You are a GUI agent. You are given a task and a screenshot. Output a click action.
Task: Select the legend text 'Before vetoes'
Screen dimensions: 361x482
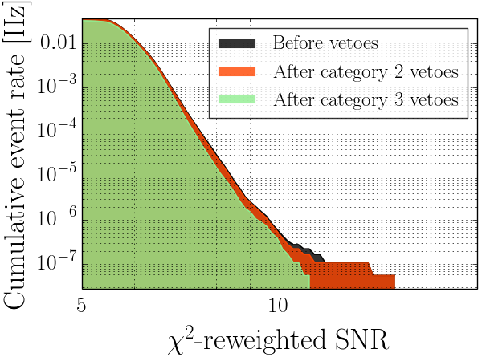(325, 43)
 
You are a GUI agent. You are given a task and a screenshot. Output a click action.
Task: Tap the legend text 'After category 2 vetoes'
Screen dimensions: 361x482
(366, 71)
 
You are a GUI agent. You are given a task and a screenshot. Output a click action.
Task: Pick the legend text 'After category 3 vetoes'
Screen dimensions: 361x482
(366, 100)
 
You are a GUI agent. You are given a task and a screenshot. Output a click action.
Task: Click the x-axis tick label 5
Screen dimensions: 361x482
(82, 306)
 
